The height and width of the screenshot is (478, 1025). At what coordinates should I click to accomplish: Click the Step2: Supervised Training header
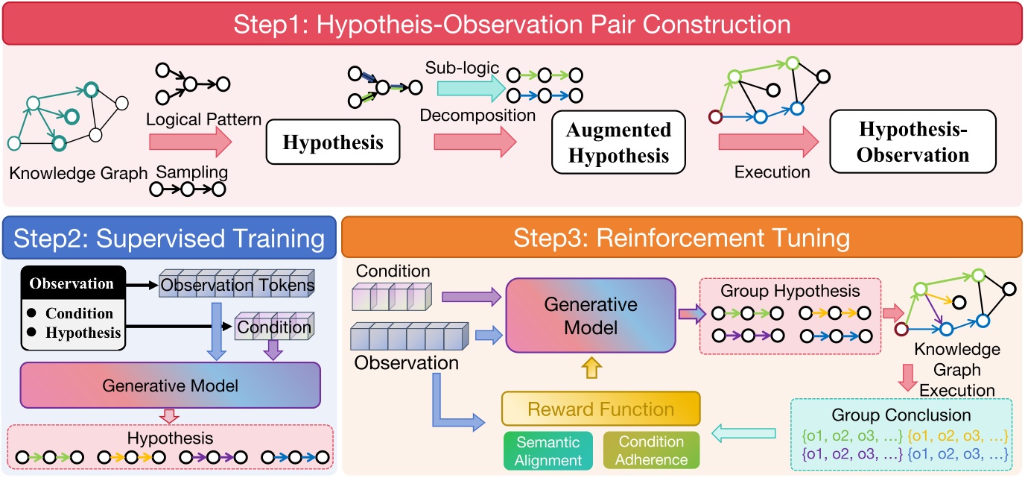168,239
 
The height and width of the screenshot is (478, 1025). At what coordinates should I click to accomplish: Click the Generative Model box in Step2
171,386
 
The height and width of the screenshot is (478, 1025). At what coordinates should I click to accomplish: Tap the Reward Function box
600,409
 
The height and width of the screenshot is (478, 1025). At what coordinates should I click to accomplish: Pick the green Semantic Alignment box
548,450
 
